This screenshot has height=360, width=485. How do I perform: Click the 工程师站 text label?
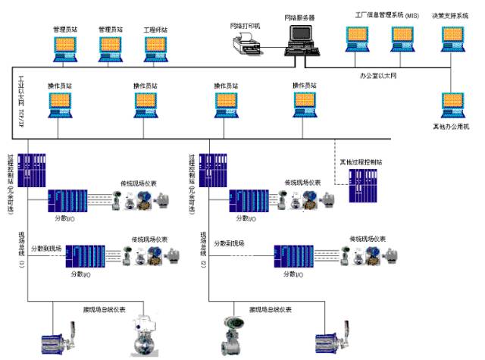pyautogui.click(x=155, y=30)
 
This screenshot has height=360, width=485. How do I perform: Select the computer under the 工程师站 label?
pyautogui.click(x=155, y=49)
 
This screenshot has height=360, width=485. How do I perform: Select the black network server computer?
pyautogui.click(x=302, y=38)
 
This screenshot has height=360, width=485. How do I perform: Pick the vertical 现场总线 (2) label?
pyautogui.click(x=202, y=250)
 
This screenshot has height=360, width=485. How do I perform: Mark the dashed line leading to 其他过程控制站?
pyautogui.click(x=336, y=152)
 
